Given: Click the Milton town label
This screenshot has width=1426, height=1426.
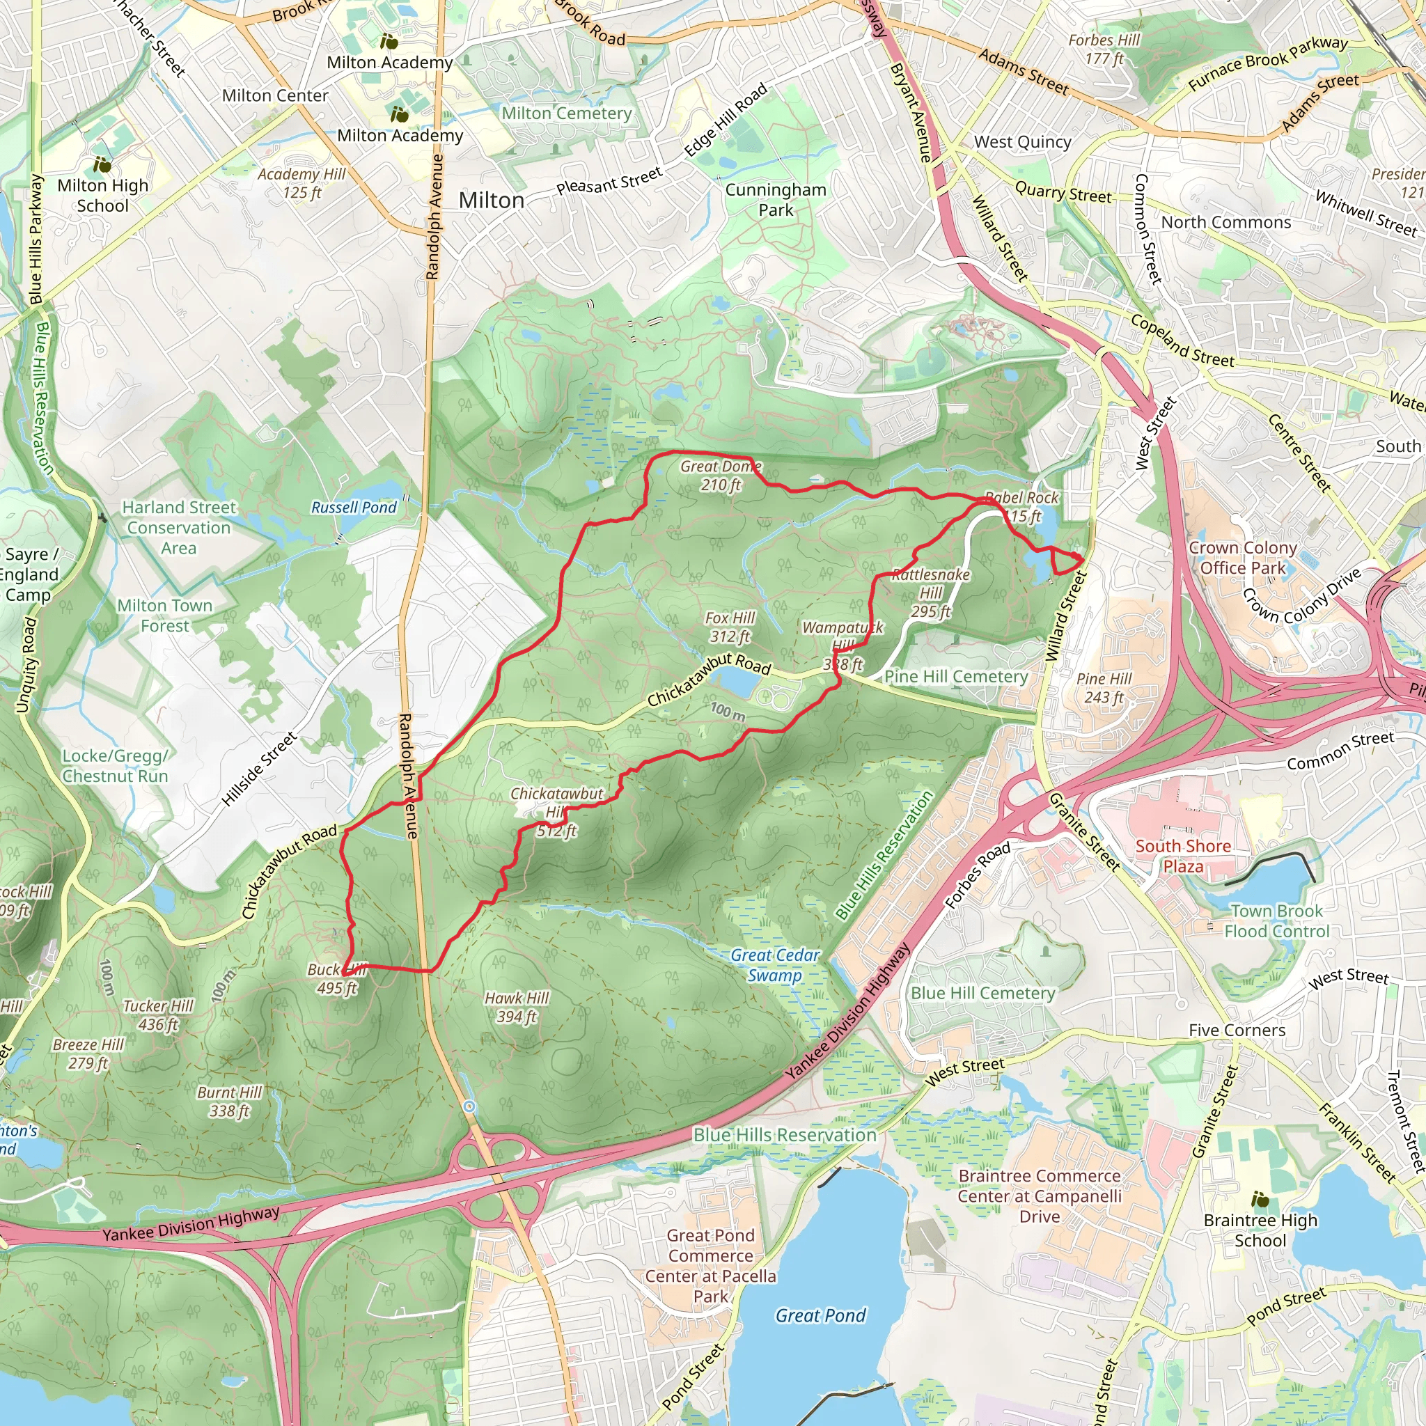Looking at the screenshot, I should (491, 200).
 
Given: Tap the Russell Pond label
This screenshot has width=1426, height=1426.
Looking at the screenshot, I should (354, 508).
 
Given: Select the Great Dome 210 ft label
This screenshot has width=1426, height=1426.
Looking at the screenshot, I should (721, 476).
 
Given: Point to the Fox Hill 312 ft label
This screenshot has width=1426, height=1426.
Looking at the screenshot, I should (730, 627).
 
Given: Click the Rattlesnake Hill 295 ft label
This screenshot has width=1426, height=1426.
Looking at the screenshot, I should (931, 593).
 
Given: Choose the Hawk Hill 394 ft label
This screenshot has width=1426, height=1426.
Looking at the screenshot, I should (517, 1008).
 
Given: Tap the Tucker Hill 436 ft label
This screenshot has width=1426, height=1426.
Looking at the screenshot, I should (158, 1015).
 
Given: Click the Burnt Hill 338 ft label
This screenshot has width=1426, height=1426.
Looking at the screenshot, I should (230, 1102).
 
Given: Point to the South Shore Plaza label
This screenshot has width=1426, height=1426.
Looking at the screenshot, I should (1183, 856).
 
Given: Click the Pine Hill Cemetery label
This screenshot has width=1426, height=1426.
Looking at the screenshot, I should (956, 677).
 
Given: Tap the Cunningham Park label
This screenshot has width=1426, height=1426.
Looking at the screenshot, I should (776, 200).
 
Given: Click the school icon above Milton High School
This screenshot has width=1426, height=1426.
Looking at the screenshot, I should (102, 164).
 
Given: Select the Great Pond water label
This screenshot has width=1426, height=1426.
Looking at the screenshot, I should (820, 1315).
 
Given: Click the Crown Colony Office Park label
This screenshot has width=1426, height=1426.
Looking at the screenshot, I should (1243, 558).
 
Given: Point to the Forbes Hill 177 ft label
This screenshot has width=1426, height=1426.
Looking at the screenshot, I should (1104, 49).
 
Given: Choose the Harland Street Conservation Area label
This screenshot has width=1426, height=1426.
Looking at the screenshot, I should (180, 528).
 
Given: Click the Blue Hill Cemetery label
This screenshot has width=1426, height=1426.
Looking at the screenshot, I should (982, 994).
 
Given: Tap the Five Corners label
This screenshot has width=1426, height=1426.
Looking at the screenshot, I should (1237, 1031).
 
